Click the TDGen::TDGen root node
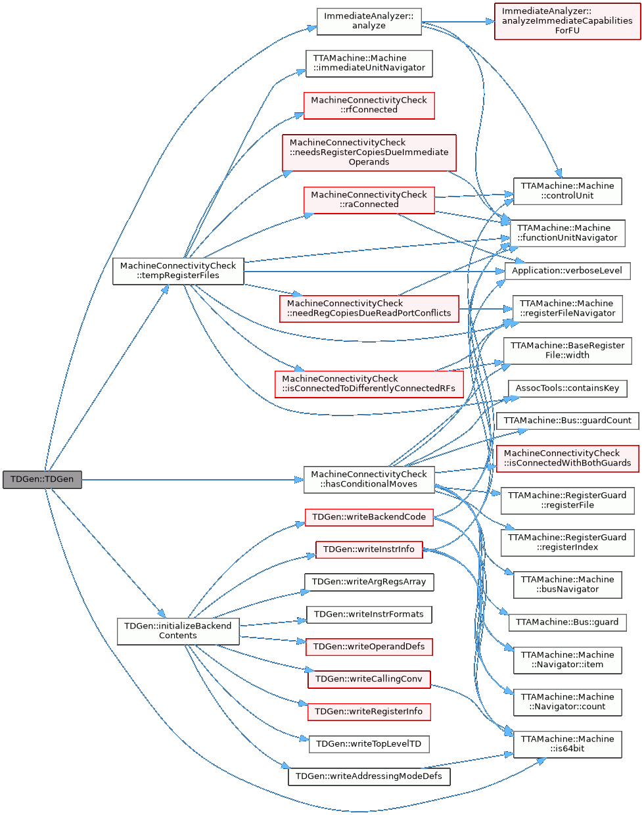(x=42, y=479)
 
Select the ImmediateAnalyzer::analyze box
(x=369, y=21)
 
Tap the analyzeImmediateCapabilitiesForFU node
(x=567, y=21)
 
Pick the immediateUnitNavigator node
(x=369, y=63)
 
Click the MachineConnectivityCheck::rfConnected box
(x=369, y=105)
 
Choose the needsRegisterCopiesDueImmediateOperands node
(x=369, y=152)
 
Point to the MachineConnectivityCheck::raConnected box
(x=369, y=200)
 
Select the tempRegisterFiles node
(x=178, y=271)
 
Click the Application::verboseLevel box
(x=567, y=271)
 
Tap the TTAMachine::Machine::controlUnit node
(x=567, y=191)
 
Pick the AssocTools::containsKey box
(x=567, y=388)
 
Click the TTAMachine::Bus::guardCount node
(x=567, y=421)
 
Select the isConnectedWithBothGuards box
(x=567, y=458)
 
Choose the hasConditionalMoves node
(x=369, y=479)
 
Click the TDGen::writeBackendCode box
(x=369, y=517)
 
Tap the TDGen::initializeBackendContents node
(x=177, y=631)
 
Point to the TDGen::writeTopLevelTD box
(x=369, y=744)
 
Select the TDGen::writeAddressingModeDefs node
(x=369, y=776)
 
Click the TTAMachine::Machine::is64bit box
(x=567, y=744)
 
